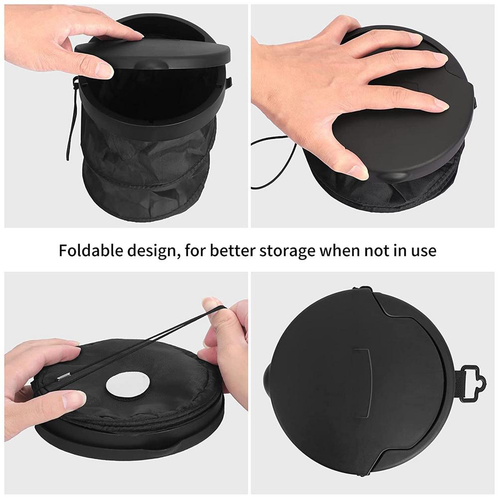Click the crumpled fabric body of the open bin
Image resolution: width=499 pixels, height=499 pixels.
click(150, 160)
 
